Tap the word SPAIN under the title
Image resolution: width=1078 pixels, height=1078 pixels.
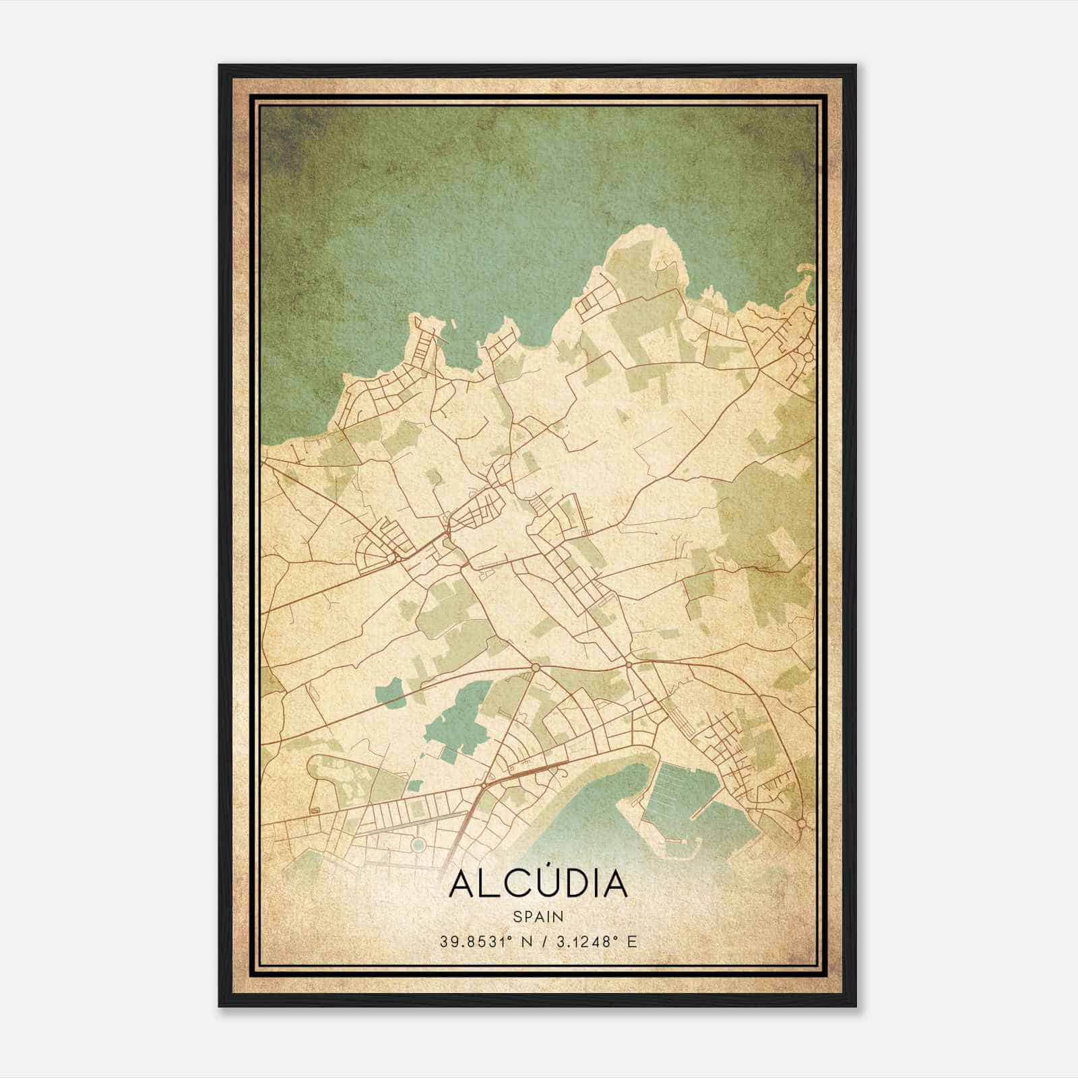538,916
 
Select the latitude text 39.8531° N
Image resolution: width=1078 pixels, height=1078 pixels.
478,942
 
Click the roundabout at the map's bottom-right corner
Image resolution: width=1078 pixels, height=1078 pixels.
801,823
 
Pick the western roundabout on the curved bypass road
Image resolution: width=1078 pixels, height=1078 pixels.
536,667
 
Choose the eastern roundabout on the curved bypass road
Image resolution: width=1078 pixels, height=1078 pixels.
629,665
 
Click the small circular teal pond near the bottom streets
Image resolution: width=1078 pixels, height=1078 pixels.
418,844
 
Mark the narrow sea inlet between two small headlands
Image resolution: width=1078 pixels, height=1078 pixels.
465,344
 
